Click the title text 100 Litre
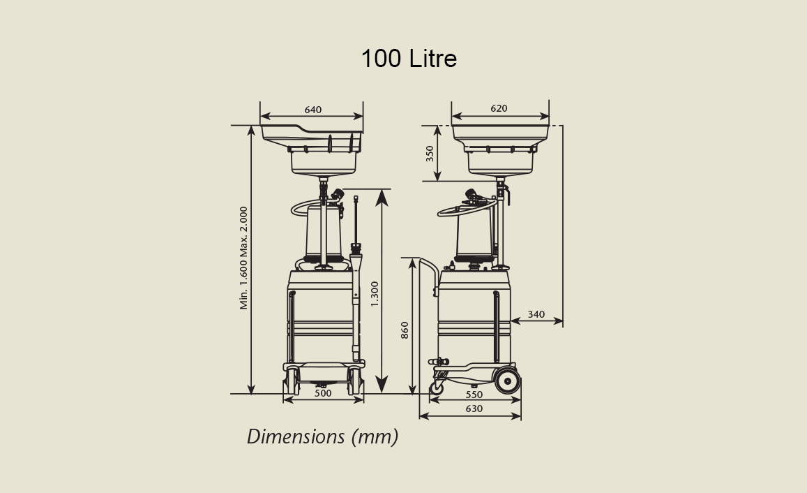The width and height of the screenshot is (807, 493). (409, 58)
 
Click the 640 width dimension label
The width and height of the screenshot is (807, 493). (313, 110)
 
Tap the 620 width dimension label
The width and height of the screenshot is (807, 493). (499, 108)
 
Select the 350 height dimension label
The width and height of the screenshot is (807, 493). (430, 154)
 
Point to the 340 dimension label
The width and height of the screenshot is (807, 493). (536, 314)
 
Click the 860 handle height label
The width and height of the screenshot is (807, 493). (405, 330)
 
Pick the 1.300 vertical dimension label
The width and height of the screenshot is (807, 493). (375, 294)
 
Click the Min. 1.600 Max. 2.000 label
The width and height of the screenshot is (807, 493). (244, 258)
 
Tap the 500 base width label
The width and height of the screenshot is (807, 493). (323, 393)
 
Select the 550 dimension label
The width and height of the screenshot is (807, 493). (474, 395)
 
